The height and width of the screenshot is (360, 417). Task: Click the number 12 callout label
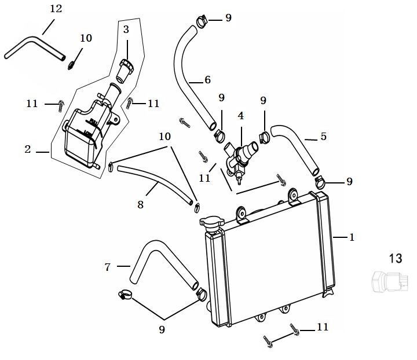[x=56, y=9]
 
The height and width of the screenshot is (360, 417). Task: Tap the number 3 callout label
[x=126, y=29]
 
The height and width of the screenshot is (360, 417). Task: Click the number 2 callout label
[x=27, y=149]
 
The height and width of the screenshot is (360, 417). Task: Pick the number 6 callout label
[x=207, y=79]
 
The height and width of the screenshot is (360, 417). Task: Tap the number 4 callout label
[x=241, y=116]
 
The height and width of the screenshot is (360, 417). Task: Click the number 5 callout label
[x=323, y=137]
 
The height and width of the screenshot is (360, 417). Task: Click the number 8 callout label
[x=140, y=204]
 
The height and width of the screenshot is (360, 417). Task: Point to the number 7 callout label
[x=108, y=267]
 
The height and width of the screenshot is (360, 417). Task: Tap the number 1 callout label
[x=352, y=237]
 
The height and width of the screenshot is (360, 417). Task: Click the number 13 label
[x=396, y=259]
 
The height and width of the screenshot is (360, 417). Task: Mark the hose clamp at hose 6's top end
[x=202, y=23]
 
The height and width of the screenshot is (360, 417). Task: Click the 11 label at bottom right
[x=322, y=327]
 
